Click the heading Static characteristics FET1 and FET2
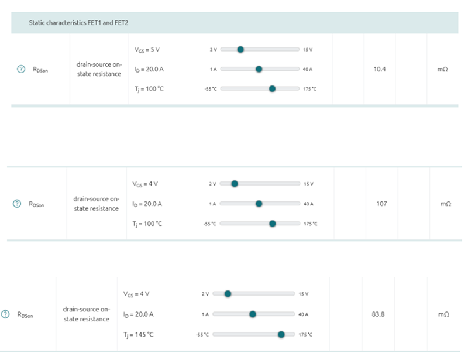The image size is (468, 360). click(x=79, y=23)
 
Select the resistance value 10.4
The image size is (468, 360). click(x=380, y=69)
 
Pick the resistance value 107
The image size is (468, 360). click(x=381, y=204)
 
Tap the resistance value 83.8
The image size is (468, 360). click(x=378, y=314)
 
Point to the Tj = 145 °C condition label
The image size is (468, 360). click(x=138, y=334)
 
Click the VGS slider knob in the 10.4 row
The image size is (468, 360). click(x=240, y=49)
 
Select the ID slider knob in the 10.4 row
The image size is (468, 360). click(x=259, y=69)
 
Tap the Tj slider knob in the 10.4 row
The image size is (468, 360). click(x=272, y=88)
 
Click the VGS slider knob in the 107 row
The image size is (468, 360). click(x=235, y=184)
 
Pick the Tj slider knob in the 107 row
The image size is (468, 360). click(x=272, y=223)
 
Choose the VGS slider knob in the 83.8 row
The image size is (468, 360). click(x=228, y=293)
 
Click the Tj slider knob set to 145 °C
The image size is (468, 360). click(x=281, y=334)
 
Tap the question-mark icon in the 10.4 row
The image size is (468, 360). click(x=21, y=69)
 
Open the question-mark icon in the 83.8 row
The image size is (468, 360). click(x=6, y=314)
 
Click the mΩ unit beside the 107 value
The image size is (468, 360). click(x=445, y=204)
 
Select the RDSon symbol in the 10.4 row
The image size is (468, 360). click(x=41, y=70)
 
